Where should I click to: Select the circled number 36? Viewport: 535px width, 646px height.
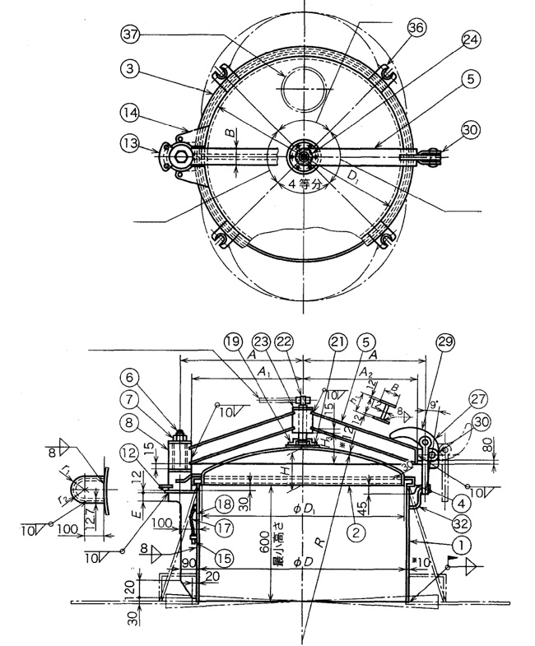tap(415, 27)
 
